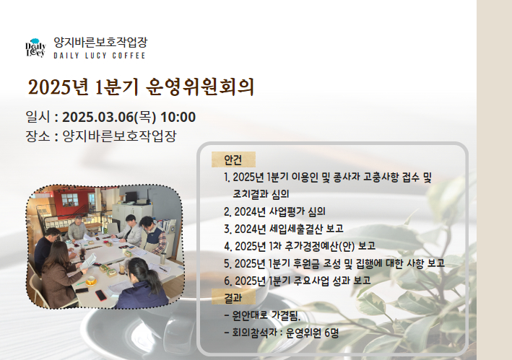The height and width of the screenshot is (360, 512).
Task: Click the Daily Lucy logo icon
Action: point(35,48)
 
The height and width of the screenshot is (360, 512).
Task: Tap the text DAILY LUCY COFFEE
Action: point(100,56)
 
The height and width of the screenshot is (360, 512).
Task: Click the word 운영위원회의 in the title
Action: point(200,87)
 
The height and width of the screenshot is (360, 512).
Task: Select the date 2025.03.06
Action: point(98,117)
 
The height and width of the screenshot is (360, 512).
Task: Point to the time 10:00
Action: point(178,117)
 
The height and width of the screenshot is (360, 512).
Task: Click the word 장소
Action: point(38,136)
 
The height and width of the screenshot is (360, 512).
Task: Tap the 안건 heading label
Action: point(233,159)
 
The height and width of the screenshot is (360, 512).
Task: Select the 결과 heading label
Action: point(233,297)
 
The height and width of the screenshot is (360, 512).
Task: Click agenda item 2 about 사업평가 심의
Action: point(274,211)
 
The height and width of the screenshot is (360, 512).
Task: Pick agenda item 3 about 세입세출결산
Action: point(284,229)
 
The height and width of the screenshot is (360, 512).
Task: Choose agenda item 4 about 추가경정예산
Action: point(300,246)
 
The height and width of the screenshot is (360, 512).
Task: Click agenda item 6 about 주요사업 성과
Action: point(298,281)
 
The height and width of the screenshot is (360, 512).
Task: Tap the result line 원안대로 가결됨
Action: point(262,315)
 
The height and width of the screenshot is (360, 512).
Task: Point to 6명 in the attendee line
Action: point(331,333)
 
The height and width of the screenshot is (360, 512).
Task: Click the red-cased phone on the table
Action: point(101,295)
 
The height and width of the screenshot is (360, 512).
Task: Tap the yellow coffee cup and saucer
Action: point(91,281)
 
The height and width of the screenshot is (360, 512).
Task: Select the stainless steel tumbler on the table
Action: point(162,258)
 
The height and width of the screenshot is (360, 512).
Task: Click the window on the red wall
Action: point(70,200)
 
